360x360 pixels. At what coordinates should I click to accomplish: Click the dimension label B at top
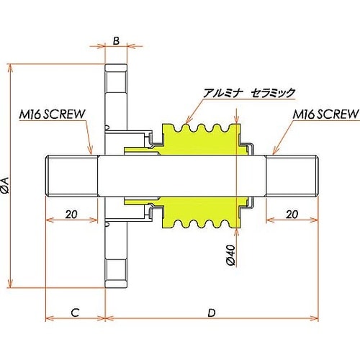[x=116, y=40]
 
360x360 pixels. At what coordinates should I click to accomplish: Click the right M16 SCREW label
[x=325, y=114]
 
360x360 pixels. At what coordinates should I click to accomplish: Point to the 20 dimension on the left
[x=70, y=215]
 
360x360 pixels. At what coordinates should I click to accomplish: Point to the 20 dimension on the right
[x=292, y=215]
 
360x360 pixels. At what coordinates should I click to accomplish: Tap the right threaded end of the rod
[x=292, y=176]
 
